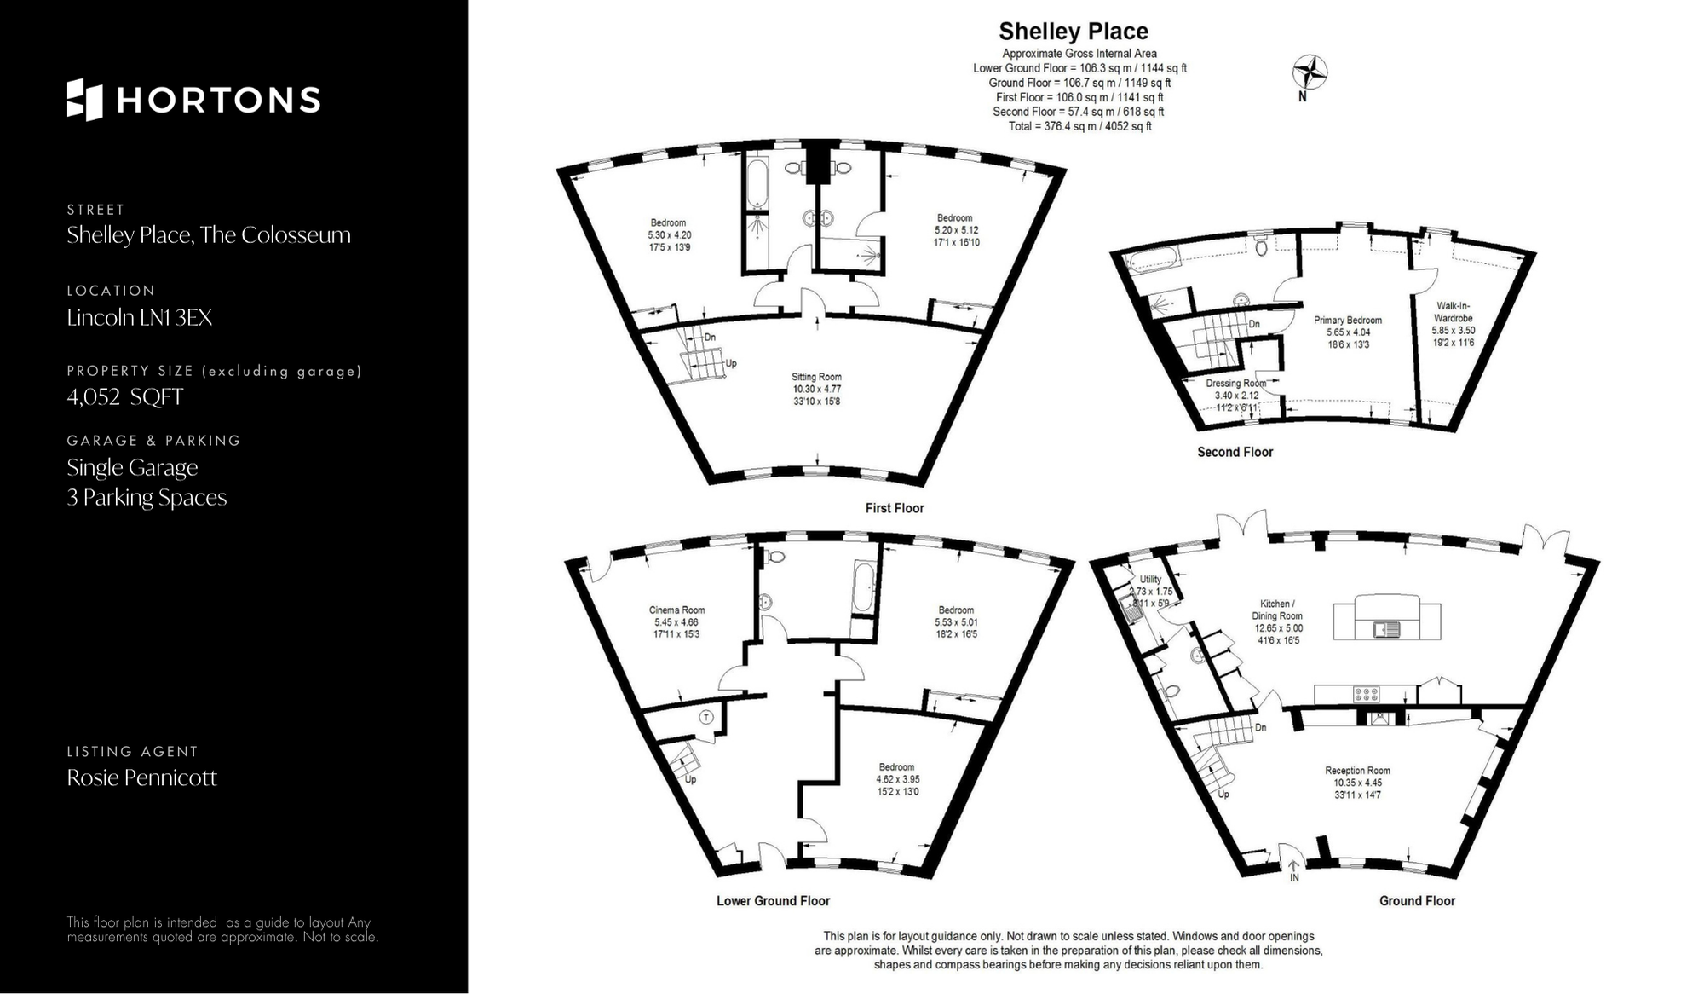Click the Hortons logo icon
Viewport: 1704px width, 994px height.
tap(84, 100)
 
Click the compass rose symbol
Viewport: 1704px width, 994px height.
tap(1310, 72)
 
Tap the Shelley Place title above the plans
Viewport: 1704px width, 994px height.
tap(1074, 32)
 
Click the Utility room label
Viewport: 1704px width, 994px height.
tap(1150, 579)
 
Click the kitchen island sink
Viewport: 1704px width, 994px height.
tap(1386, 629)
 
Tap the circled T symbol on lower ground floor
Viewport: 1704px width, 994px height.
tap(706, 717)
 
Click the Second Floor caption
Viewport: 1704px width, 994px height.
tap(1235, 452)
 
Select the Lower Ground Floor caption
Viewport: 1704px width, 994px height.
tap(773, 900)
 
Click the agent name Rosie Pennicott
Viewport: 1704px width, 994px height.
tap(141, 777)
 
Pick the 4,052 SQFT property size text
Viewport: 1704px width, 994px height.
tap(125, 397)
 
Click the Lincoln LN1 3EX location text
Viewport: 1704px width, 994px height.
tap(140, 318)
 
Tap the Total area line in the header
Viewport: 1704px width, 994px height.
tap(1079, 126)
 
